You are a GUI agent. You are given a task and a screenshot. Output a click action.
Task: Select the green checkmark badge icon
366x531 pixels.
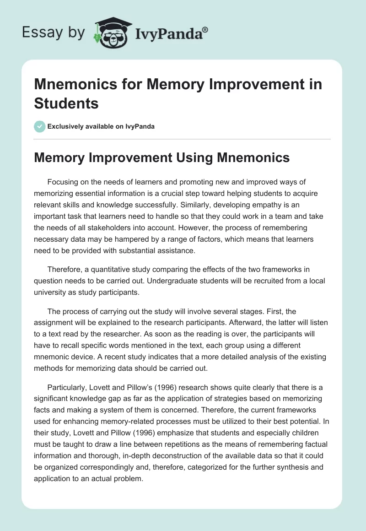[40, 126]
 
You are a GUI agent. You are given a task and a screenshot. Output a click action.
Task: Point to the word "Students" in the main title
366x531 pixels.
[66, 103]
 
